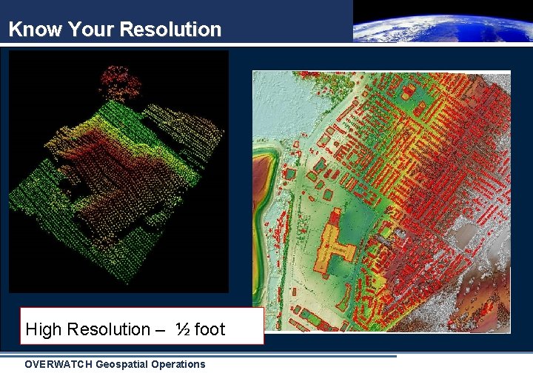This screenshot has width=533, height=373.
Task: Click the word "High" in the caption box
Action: click(44, 329)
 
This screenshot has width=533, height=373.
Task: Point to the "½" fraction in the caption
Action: click(182, 329)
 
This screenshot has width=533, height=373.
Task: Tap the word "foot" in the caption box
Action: click(209, 329)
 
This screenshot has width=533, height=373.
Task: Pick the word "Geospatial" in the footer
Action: click(125, 364)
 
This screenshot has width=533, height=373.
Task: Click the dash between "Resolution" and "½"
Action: click(161, 330)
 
